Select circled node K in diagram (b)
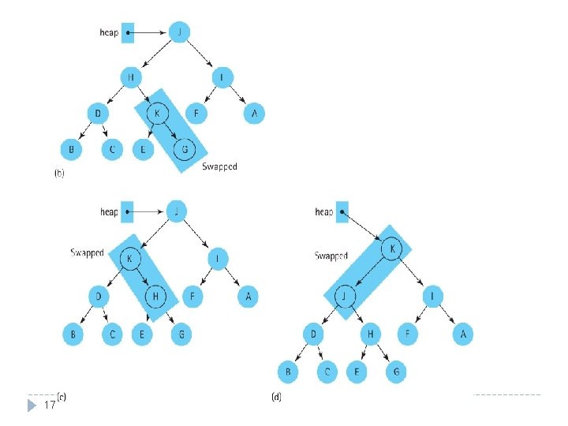pos(158,114)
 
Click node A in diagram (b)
pos(253,114)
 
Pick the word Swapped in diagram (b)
pos(219,166)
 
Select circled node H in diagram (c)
pos(157,296)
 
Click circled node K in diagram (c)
pos(129,257)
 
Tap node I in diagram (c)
pos(216,257)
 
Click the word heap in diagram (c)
pos(108,211)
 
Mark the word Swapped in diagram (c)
pos(87,253)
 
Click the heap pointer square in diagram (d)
pos(341,211)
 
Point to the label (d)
pos(276,396)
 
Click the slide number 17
pos(50,405)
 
